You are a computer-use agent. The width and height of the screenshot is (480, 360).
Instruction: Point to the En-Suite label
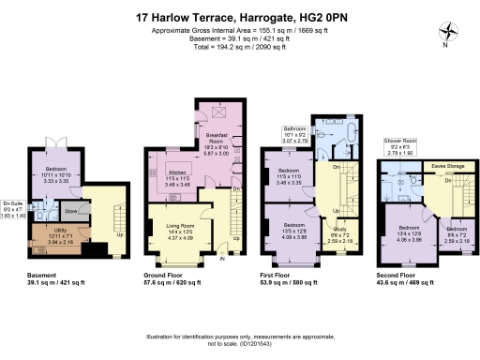[12, 203]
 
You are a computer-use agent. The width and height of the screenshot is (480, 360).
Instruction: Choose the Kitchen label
[179, 173]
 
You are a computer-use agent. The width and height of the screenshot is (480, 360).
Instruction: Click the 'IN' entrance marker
[222, 260]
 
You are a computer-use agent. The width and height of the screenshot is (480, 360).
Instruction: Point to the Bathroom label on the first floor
[294, 129]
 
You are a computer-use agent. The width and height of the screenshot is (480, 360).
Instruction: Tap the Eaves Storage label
[447, 166]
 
